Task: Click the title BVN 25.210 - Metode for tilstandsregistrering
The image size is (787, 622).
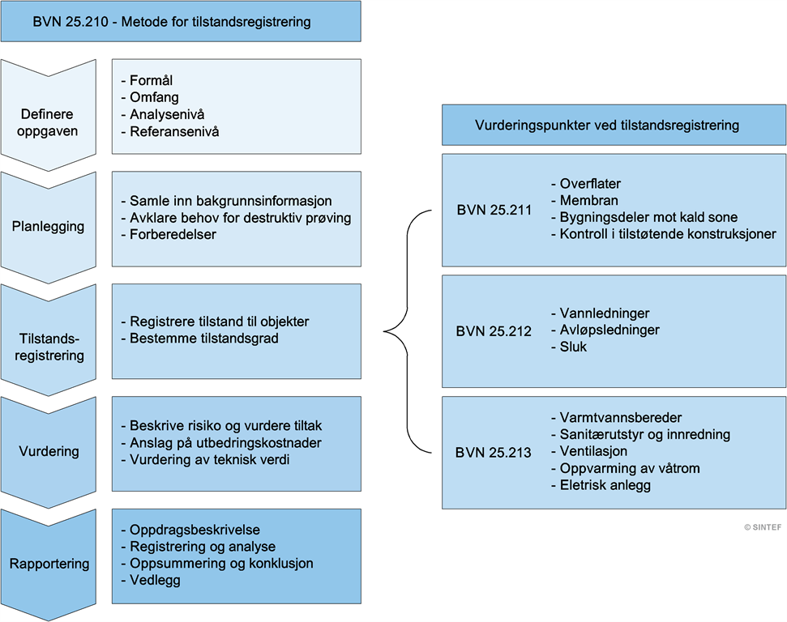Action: (172, 22)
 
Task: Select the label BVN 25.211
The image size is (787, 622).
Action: (494, 210)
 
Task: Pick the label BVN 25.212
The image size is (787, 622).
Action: (494, 330)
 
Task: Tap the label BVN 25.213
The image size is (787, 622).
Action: (494, 452)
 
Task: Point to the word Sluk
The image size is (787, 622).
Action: (572, 347)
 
